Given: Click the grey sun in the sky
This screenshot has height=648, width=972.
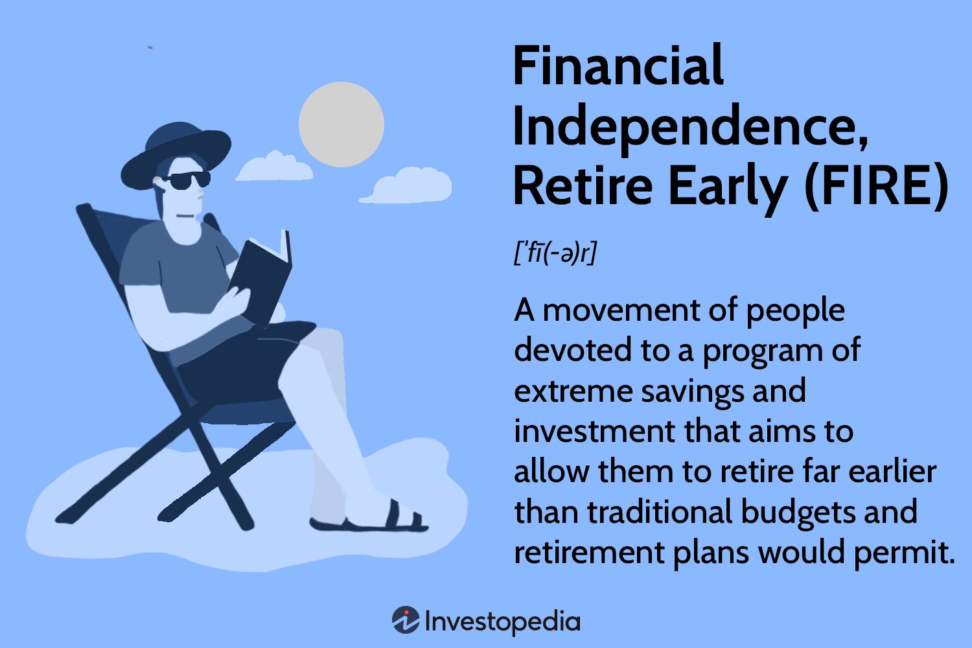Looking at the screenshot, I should click(341, 124).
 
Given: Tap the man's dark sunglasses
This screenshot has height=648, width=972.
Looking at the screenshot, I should click(187, 181).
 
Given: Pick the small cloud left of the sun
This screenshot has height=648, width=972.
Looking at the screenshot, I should click(273, 167).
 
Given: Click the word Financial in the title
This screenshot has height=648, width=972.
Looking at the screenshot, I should click(618, 67).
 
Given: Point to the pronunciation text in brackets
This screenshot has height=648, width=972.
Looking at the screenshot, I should click(555, 253).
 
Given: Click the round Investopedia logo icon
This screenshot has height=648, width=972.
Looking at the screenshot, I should click(406, 621).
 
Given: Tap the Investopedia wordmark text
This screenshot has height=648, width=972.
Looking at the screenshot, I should click(503, 621).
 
